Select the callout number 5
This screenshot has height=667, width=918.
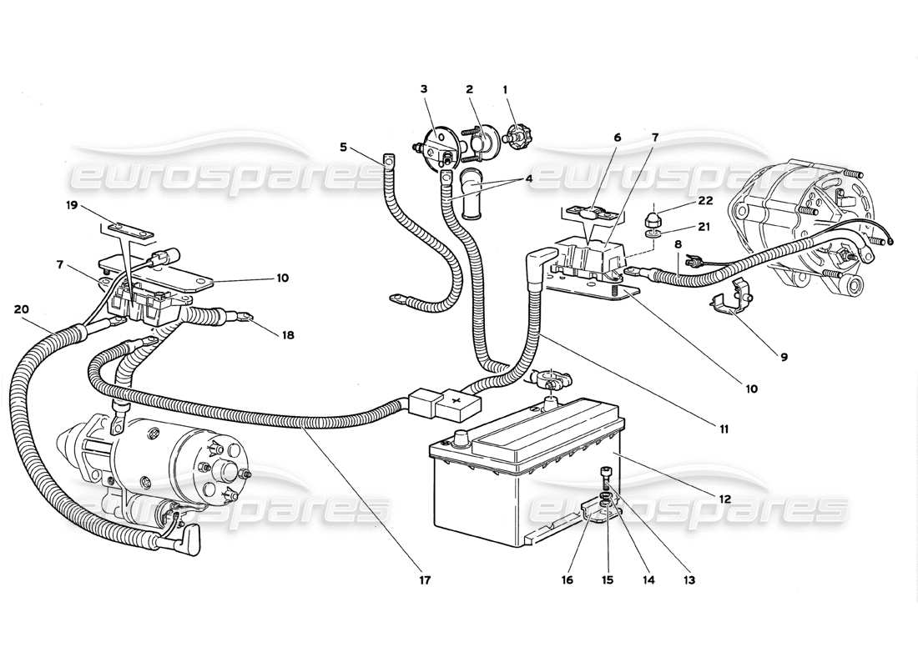(343, 148)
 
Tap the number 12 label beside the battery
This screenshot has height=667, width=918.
(724, 499)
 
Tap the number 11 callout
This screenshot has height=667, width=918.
(724, 429)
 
